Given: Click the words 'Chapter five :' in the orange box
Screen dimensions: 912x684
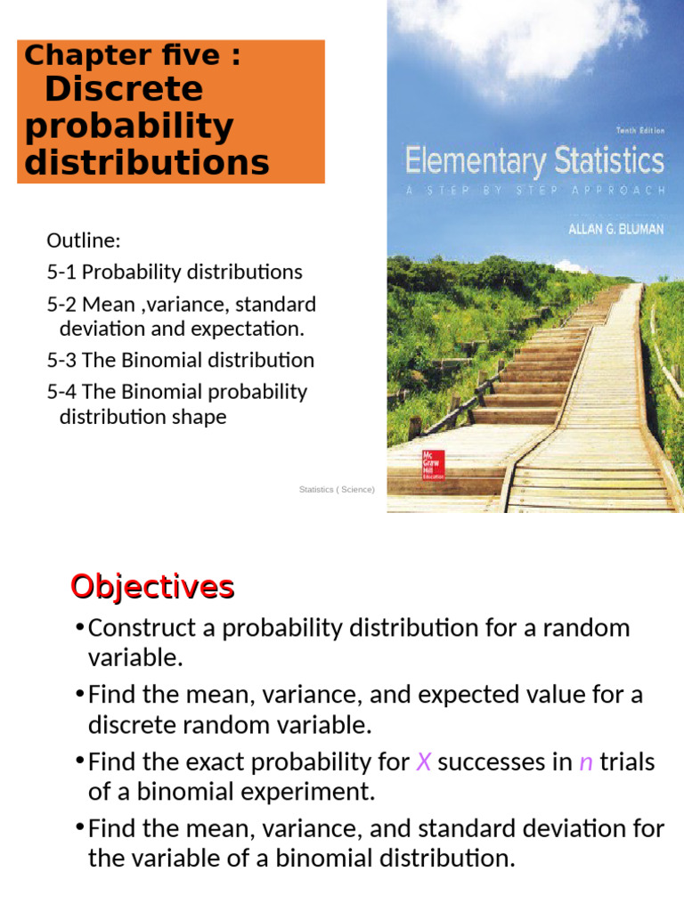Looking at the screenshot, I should point(133,55).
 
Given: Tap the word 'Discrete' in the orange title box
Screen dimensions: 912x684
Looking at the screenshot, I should point(123,89).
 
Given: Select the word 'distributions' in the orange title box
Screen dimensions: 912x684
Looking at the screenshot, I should point(147,163).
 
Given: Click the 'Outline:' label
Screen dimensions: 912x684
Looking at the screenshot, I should point(83,240).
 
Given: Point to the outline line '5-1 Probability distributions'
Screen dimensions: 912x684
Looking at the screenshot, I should point(175,272).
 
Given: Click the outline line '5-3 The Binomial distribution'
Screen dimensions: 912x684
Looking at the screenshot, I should point(180,361).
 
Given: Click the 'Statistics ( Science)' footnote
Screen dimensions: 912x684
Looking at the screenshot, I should point(338,490).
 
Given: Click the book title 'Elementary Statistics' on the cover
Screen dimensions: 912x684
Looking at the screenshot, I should point(534,163).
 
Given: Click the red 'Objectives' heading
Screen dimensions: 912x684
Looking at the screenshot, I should point(152,587).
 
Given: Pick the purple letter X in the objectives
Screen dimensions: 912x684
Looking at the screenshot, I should point(423,762).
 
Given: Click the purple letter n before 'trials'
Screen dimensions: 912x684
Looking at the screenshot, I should point(586,762).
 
